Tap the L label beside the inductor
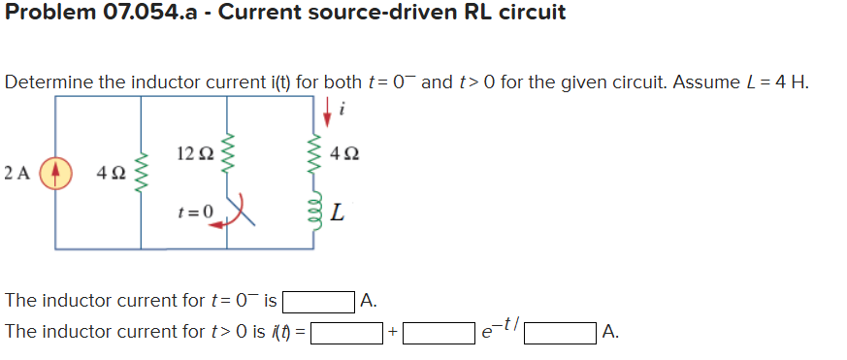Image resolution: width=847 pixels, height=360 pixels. point(336,213)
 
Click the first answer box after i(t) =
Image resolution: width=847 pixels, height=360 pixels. point(345,333)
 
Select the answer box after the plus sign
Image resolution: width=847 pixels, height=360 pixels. point(439,333)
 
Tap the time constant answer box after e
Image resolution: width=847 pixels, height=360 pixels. point(560,333)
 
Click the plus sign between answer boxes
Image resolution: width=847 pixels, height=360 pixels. point(392,333)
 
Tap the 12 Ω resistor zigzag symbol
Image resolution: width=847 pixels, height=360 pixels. point(229,152)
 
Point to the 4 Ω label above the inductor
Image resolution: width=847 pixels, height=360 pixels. point(345,153)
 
